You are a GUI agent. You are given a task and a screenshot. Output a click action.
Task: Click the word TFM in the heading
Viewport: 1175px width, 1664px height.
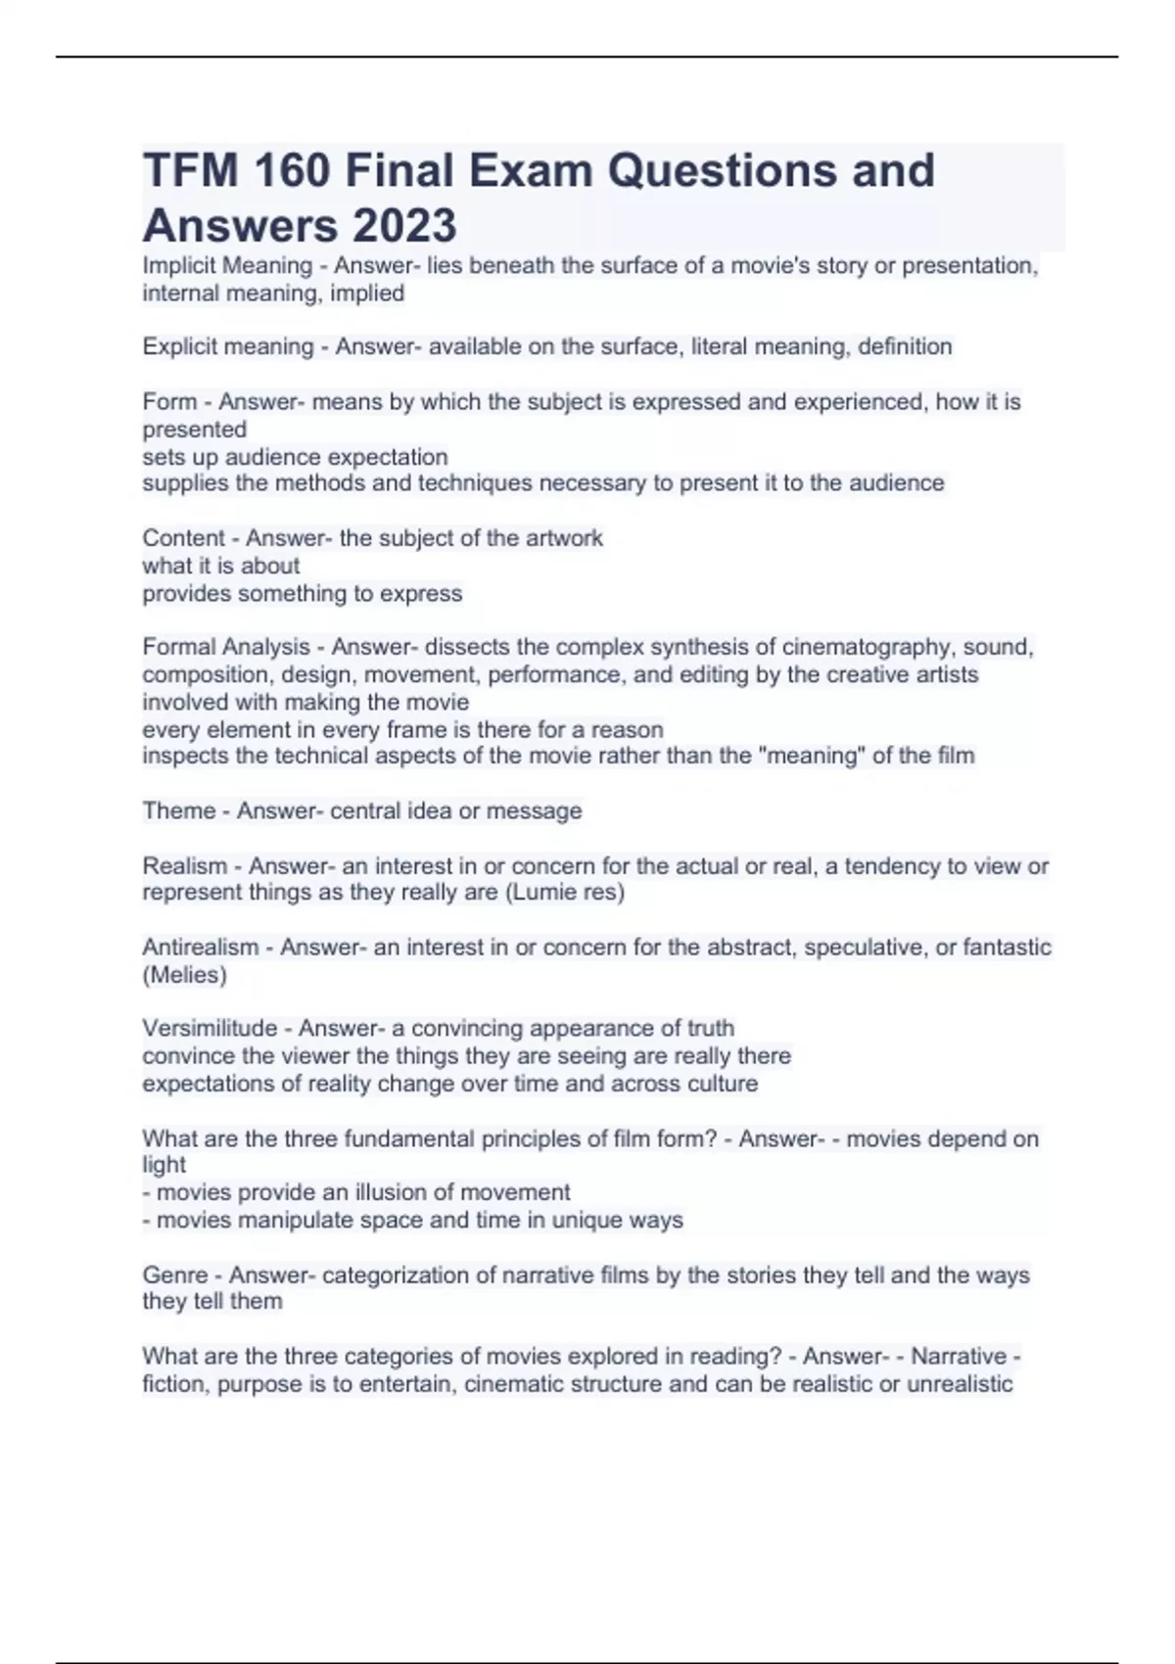pos(190,170)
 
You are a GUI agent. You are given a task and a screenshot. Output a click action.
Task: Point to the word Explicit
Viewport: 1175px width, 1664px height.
pos(179,347)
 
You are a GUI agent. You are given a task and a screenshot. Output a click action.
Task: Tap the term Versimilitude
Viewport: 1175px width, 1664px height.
pos(210,1029)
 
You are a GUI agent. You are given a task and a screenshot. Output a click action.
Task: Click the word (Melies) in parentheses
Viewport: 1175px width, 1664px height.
pos(184,975)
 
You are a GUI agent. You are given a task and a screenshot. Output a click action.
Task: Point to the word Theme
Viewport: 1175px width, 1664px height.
pos(179,811)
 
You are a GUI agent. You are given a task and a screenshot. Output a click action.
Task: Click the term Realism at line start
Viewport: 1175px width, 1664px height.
pos(184,866)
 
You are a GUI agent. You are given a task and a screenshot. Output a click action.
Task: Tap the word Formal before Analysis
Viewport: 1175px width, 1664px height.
pos(178,647)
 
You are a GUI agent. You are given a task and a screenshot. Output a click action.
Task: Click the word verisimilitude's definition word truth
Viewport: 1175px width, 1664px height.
pos(710,1029)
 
